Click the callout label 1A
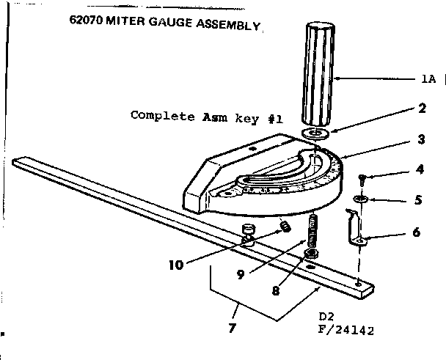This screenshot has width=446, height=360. (428, 78)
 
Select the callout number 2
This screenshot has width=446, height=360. (422, 109)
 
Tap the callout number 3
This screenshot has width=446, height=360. (422, 139)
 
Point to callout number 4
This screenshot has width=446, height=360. (420, 169)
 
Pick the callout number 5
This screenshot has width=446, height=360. (418, 200)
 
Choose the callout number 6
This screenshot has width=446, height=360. (417, 232)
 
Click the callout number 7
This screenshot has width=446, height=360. (233, 328)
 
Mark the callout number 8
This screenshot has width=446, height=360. (276, 290)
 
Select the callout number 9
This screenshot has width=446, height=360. (241, 274)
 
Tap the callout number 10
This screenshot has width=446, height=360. (176, 265)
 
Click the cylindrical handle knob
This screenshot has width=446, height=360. (318, 75)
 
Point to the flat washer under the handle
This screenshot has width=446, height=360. (315, 133)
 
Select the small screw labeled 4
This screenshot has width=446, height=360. (362, 180)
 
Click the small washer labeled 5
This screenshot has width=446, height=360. (361, 199)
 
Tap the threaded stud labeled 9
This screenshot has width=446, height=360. (312, 231)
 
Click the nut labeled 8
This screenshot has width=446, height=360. (311, 253)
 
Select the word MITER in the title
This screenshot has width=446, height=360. (125, 21)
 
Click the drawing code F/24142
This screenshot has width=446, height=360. (346, 330)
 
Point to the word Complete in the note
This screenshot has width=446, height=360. (163, 116)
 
